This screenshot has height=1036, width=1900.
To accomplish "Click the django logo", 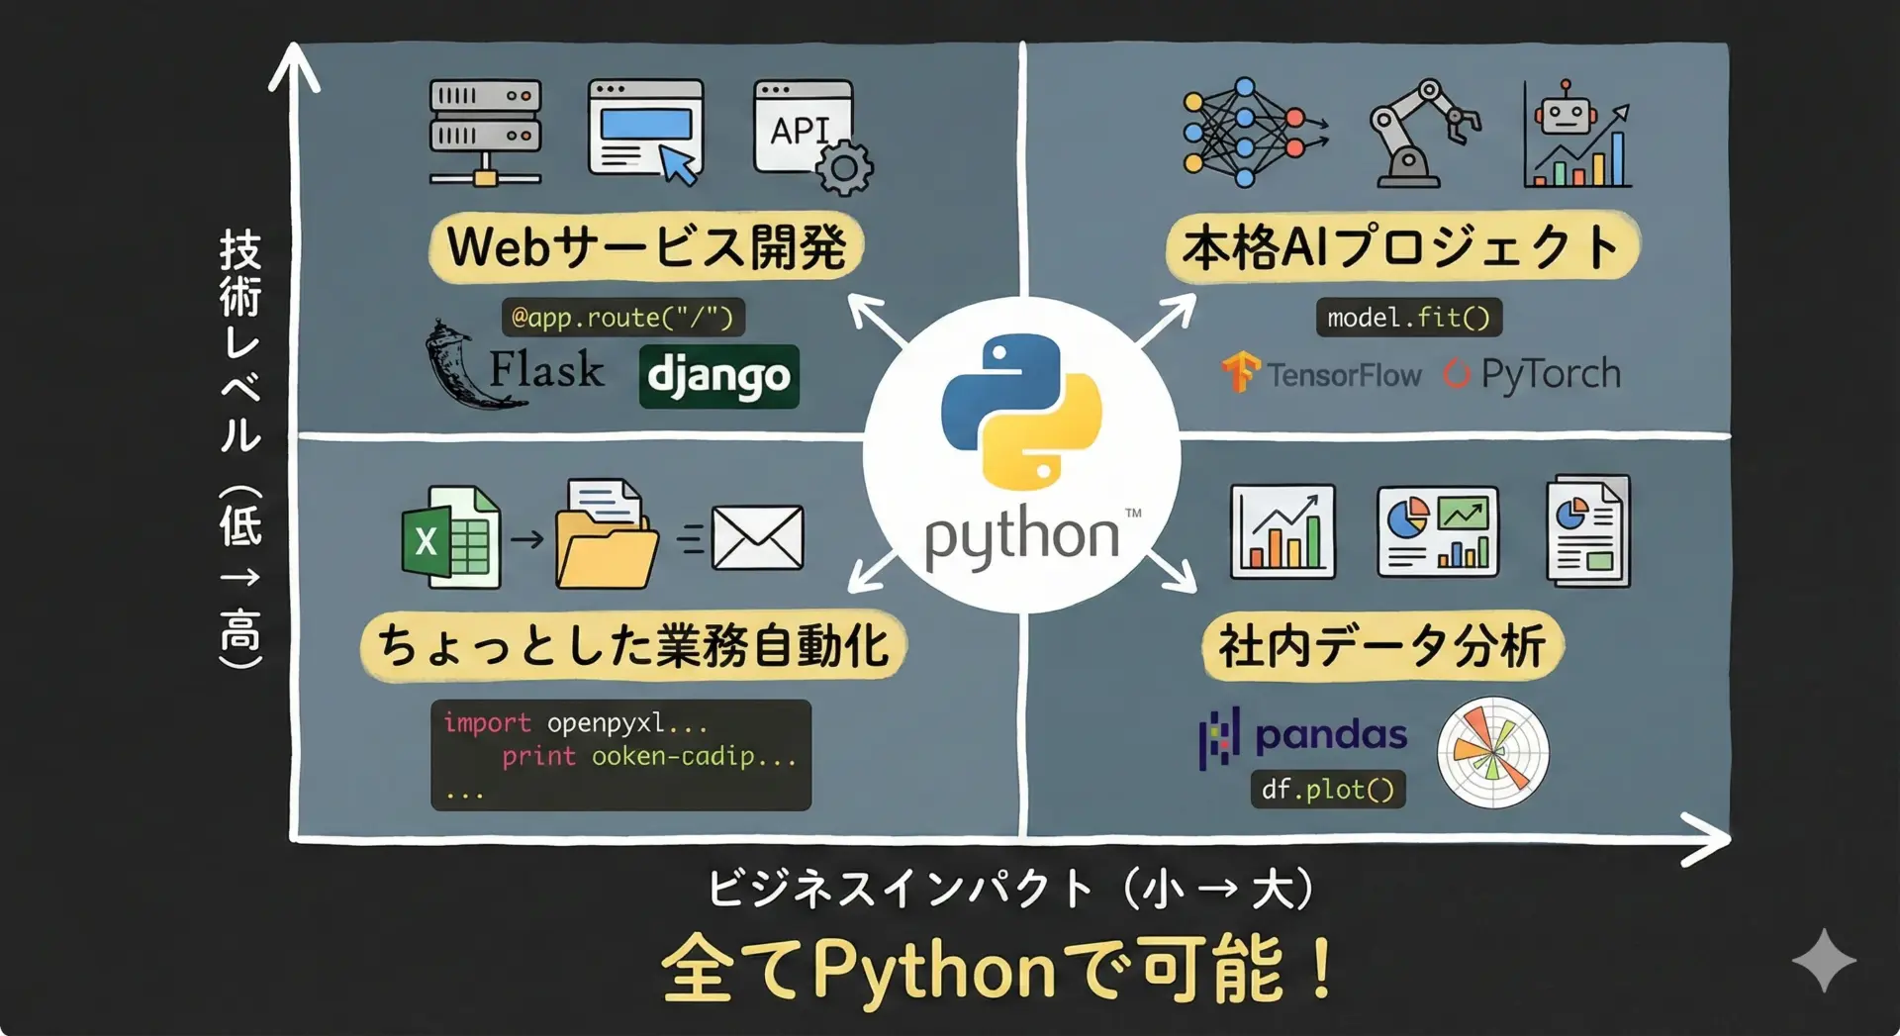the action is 719,376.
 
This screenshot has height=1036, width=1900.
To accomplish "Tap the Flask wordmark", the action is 546,370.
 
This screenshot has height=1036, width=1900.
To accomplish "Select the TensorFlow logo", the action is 1321,374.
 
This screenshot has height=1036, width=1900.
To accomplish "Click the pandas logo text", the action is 1331,735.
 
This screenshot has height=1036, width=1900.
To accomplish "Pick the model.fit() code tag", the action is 1409,318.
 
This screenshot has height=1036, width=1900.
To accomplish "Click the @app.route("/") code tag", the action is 622,318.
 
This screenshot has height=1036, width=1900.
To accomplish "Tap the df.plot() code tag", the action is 1328,790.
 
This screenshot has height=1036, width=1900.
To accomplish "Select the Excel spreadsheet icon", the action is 451,537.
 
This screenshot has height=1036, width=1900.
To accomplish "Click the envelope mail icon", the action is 758,538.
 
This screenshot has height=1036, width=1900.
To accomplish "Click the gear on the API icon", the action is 844,168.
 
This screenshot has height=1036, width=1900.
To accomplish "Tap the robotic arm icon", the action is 1423,134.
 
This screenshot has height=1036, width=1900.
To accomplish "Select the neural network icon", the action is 1253,133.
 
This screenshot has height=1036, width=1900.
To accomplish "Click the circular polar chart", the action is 1492,752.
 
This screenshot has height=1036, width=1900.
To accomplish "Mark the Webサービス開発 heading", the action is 647,247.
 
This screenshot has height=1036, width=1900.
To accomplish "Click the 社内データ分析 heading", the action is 1382,647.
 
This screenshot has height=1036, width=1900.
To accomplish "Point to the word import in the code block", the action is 487,723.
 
